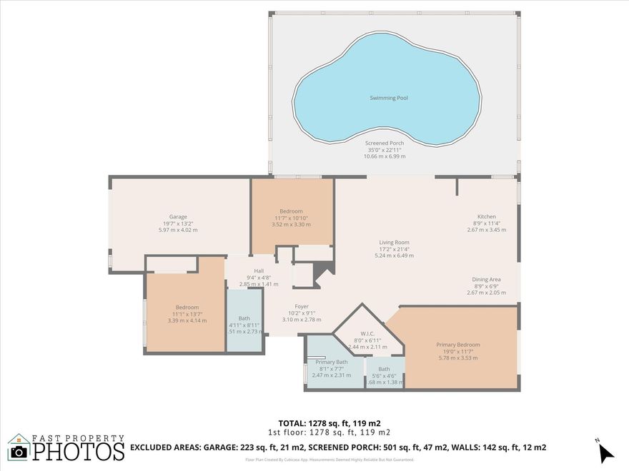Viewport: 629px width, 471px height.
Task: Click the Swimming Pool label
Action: point(389,98)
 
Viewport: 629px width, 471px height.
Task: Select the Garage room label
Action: point(178,217)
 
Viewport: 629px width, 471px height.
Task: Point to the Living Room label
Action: point(394,242)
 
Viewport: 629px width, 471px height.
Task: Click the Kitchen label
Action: point(487,217)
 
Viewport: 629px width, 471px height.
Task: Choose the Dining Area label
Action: point(486,279)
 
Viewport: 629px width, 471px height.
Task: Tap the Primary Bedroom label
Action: point(457,345)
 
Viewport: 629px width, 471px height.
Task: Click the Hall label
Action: point(259,270)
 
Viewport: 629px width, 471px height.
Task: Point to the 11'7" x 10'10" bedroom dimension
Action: point(291,218)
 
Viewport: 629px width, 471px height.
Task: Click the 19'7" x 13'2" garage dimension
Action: point(178,223)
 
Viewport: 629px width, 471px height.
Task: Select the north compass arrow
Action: point(605,451)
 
